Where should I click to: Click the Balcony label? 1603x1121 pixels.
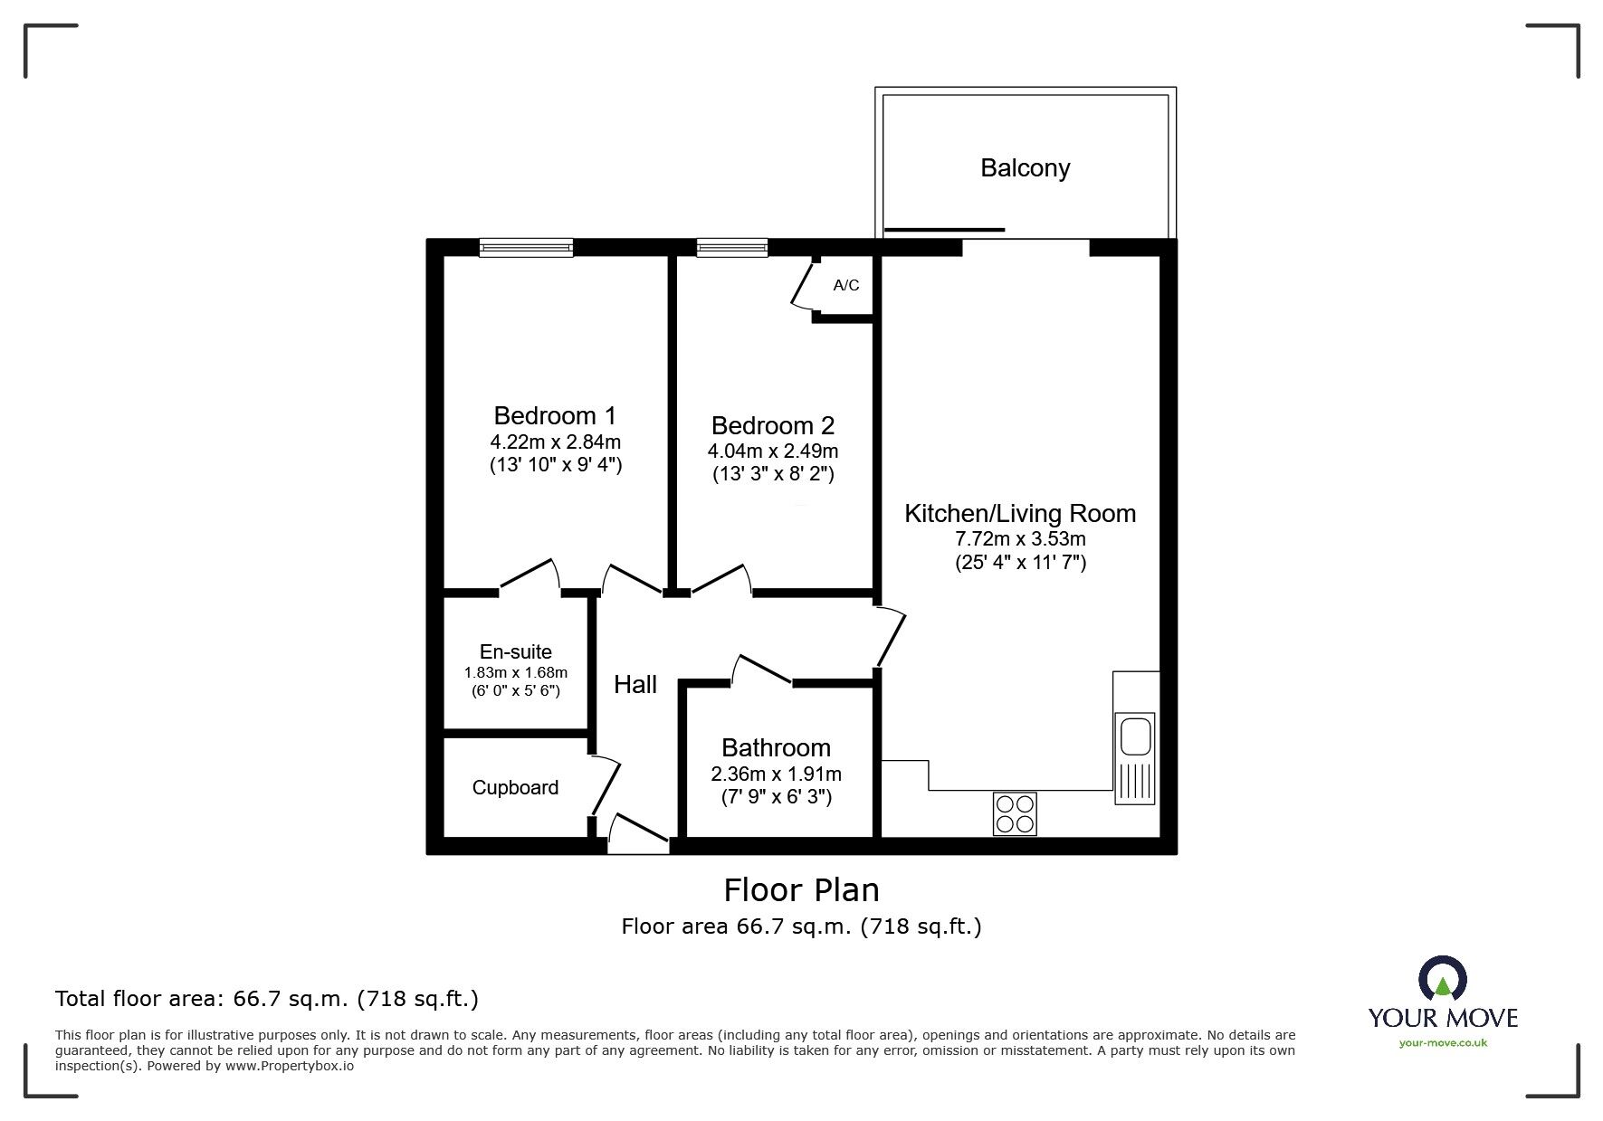pos(1025,168)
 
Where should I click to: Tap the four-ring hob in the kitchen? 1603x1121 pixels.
pos(1015,813)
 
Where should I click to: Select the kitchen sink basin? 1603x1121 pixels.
pos(1135,735)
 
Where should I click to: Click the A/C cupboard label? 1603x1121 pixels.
pos(845,286)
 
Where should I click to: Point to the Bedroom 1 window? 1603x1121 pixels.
pos(526,247)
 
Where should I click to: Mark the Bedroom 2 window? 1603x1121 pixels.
pos(731,247)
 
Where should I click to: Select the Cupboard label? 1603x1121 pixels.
pos(515,788)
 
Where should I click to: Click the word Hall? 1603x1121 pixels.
pos(635,685)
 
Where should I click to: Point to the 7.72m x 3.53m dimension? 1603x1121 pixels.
pos(1020,539)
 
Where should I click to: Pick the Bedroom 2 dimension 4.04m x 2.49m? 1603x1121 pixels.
pos(772,451)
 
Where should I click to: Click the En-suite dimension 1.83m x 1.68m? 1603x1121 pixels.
pos(515,672)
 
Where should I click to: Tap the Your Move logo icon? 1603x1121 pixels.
pos(1442,979)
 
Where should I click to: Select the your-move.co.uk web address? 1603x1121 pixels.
pos(1443,1043)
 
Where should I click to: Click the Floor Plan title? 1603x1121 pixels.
pos(801,890)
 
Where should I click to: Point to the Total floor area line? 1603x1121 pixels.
pos(267,999)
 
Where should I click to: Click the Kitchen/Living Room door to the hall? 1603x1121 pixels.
pos(891,637)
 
